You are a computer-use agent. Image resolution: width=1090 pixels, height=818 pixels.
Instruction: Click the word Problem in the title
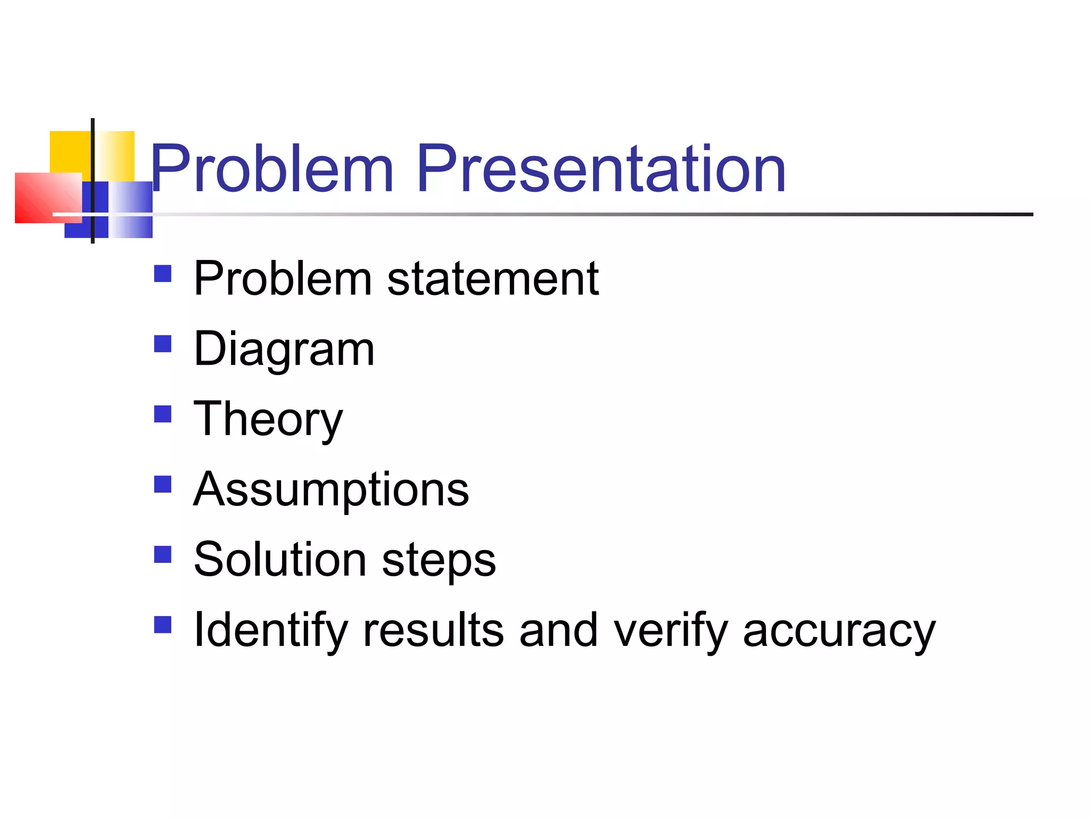272,169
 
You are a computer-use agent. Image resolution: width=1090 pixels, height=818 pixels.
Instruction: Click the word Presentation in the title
601,169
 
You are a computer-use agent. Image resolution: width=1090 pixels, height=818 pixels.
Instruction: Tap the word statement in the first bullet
493,279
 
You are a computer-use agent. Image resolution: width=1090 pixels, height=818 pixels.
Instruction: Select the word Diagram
284,350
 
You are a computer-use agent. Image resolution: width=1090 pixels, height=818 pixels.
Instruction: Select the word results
433,630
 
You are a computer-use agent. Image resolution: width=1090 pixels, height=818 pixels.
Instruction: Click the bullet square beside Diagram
162,343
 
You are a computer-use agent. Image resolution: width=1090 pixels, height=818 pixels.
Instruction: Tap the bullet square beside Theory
162,414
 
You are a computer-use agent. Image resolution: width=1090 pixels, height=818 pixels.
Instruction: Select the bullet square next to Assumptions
162,484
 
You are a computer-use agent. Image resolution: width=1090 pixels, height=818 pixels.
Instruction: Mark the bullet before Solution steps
162,554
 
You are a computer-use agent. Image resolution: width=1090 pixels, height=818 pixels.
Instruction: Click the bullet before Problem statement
162,273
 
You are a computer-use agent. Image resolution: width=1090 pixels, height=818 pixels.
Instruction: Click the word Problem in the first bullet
283,279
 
